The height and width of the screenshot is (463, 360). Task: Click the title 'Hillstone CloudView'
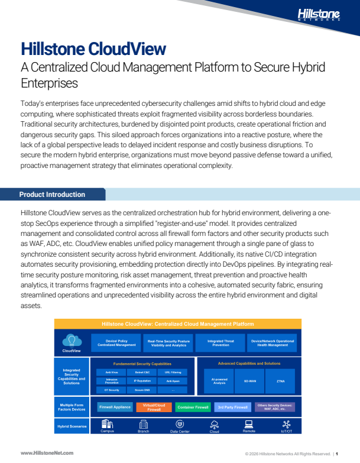click(93, 48)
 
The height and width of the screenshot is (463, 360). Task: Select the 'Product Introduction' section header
click(52, 195)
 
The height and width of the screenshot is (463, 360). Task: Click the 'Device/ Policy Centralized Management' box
click(116, 343)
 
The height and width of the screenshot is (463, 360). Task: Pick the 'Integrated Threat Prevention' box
click(220, 343)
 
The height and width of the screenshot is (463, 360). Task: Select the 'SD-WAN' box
click(249, 381)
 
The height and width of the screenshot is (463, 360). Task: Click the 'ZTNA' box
click(280, 381)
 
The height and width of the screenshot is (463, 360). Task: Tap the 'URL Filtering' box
click(173, 372)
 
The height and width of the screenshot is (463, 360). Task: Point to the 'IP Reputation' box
click(142, 381)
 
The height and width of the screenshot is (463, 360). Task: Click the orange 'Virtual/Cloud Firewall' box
click(154, 407)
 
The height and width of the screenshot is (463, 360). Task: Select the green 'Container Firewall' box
click(193, 407)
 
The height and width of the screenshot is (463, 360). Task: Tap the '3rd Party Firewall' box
click(232, 407)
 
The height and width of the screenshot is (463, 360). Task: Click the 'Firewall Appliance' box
click(115, 407)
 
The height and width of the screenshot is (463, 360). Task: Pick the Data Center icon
click(180, 424)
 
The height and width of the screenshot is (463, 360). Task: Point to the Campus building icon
click(107, 423)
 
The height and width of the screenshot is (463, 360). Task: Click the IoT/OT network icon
click(286, 424)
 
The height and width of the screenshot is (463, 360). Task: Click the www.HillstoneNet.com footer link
click(47, 452)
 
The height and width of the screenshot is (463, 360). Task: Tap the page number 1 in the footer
click(336, 453)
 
